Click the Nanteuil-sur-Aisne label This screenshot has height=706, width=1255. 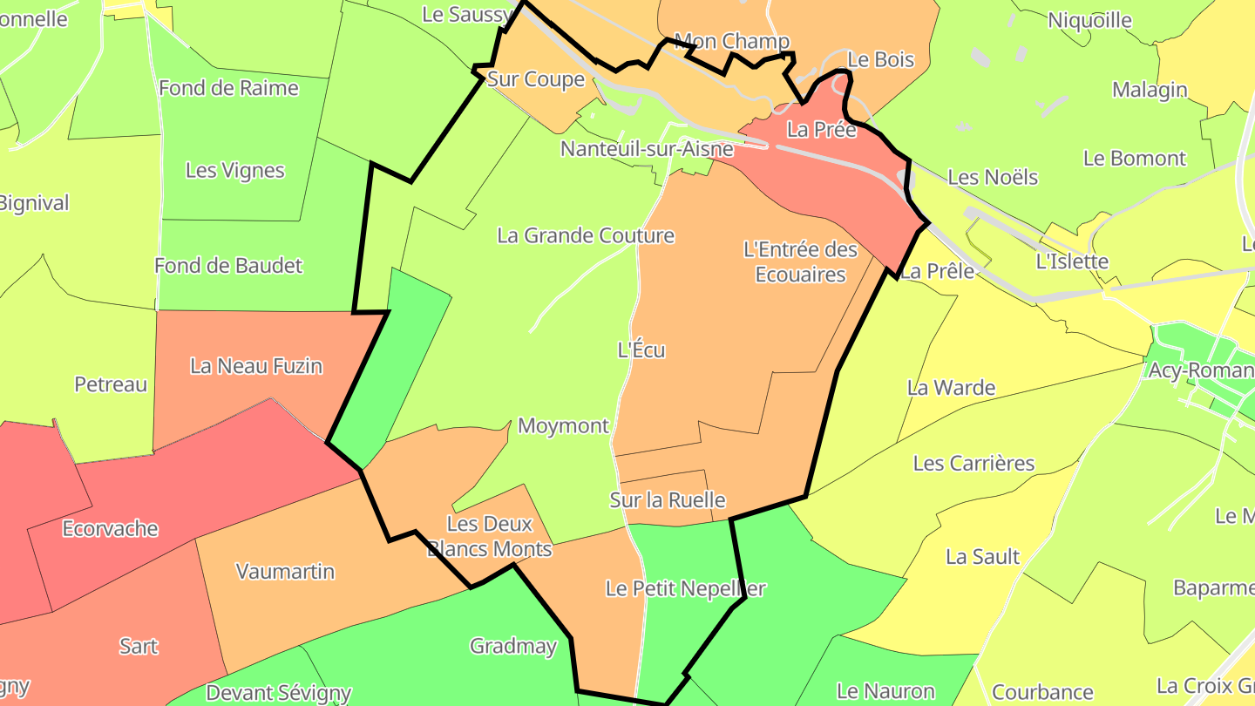(647, 149)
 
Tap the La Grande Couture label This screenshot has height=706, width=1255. (586, 235)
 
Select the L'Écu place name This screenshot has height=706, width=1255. (641, 350)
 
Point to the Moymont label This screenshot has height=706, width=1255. (563, 425)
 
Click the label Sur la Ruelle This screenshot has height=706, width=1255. (668, 500)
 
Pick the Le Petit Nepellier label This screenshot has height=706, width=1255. (685, 588)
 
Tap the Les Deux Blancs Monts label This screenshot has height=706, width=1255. (489, 537)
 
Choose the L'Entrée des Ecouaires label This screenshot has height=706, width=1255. (800, 261)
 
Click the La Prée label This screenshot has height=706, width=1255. (822, 130)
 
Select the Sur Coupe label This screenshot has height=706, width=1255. (536, 79)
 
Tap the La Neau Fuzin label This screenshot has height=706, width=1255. (256, 366)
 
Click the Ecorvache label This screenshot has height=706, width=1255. (111, 528)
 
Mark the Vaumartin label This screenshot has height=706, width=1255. (286, 572)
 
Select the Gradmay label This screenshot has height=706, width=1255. (513, 646)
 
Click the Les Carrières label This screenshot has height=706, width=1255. (973, 463)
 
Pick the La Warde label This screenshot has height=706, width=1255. (951, 388)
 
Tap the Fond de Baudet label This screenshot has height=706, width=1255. (228, 266)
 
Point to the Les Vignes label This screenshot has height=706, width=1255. (235, 170)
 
